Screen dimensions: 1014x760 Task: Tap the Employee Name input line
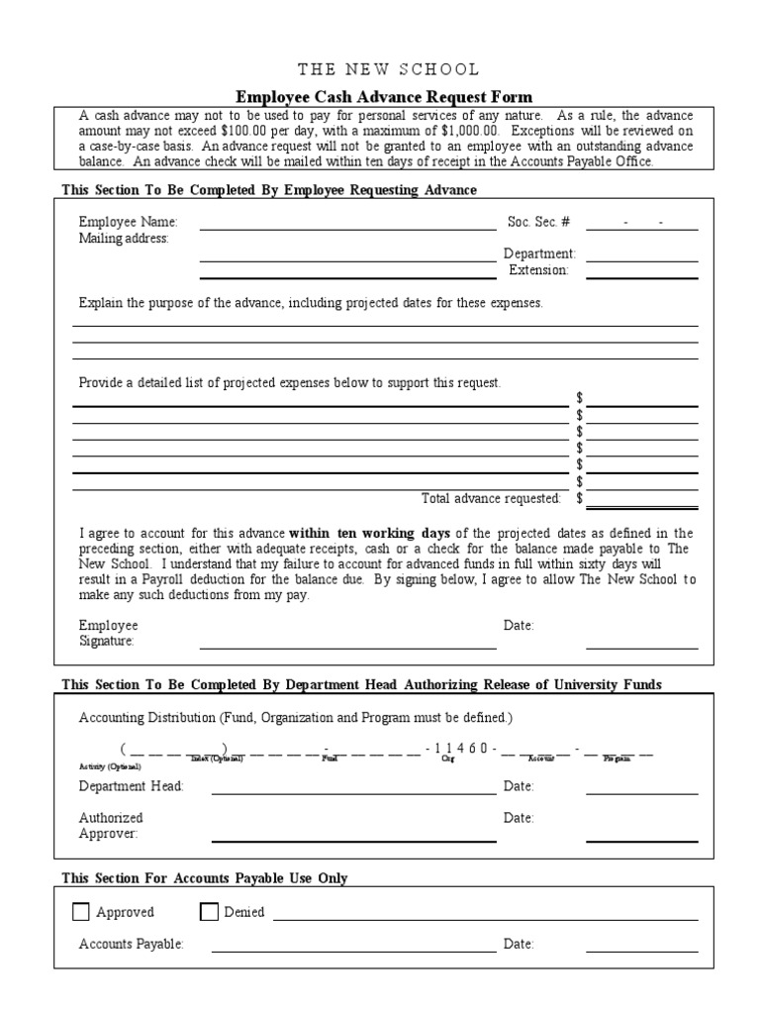click(x=347, y=228)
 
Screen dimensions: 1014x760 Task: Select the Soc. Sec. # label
click(x=538, y=223)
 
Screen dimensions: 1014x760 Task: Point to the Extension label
click(x=538, y=269)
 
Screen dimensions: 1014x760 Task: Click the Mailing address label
click(x=124, y=239)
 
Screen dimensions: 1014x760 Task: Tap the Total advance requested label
click(x=491, y=498)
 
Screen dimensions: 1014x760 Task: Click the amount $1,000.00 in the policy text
click(x=466, y=130)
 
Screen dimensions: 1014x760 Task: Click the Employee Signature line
click(x=347, y=648)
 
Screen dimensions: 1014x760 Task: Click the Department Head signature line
click(x=353, y=792)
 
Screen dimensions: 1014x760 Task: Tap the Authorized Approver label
click(x=111, y=826)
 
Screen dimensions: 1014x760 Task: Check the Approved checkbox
click(x=81, y=912)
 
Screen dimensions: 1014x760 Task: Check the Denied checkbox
click(x=209, y=912)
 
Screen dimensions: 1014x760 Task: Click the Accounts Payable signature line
click(x=353, y=951)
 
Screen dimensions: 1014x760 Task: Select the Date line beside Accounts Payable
click(x=641, y=951)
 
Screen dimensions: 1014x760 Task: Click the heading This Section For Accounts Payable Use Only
click(x=205, y=878)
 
